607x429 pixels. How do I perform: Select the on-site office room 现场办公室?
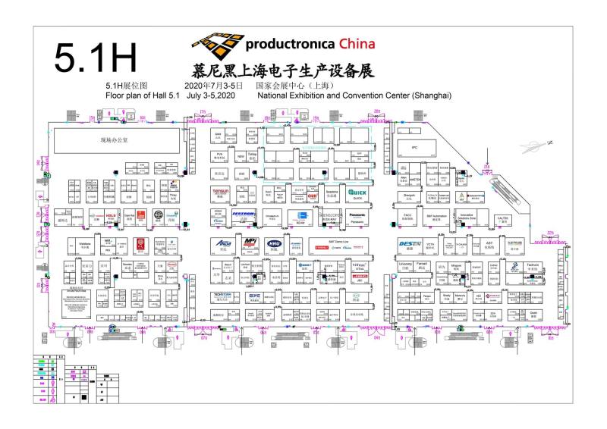[115, 141]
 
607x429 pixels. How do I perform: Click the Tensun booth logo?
[221, 191]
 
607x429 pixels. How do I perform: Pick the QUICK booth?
[356, 193]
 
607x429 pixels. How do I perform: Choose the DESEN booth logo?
[410, 244]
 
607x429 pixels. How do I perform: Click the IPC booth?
[414, 146]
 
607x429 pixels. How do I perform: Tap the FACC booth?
[407, 218]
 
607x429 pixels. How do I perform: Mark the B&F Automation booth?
[438, 218]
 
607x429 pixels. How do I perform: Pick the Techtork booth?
[222, 295]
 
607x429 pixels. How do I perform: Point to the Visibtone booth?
[85, 244]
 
